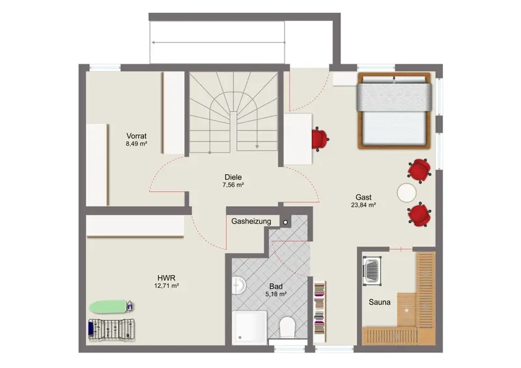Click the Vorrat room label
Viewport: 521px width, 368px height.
tap(136, 136)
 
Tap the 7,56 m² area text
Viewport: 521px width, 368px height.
tap(233, 185)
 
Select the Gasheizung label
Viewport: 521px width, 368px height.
tap(251, 221)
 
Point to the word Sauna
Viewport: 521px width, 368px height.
tap(380, 302)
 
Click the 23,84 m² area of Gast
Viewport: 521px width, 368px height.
tap(363, 205)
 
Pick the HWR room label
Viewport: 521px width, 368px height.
tap(167, 278)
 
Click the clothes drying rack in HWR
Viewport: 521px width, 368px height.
tap(112, 329)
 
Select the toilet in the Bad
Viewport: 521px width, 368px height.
tap(287, 327)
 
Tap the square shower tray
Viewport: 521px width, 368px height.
tap(249, 328)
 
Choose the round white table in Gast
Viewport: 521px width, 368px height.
tap(406, 192)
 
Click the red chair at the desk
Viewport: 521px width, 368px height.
tap(320, 138)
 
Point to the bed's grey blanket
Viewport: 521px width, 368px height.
tap(395, 97)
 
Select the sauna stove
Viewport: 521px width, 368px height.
tap(372, 270)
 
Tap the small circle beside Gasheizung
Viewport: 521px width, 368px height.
tap(285, 222)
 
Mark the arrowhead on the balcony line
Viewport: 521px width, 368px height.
tap(154, 42)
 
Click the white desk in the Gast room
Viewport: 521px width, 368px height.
tap(298, 139)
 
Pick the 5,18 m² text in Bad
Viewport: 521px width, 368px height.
tap(276, 294)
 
